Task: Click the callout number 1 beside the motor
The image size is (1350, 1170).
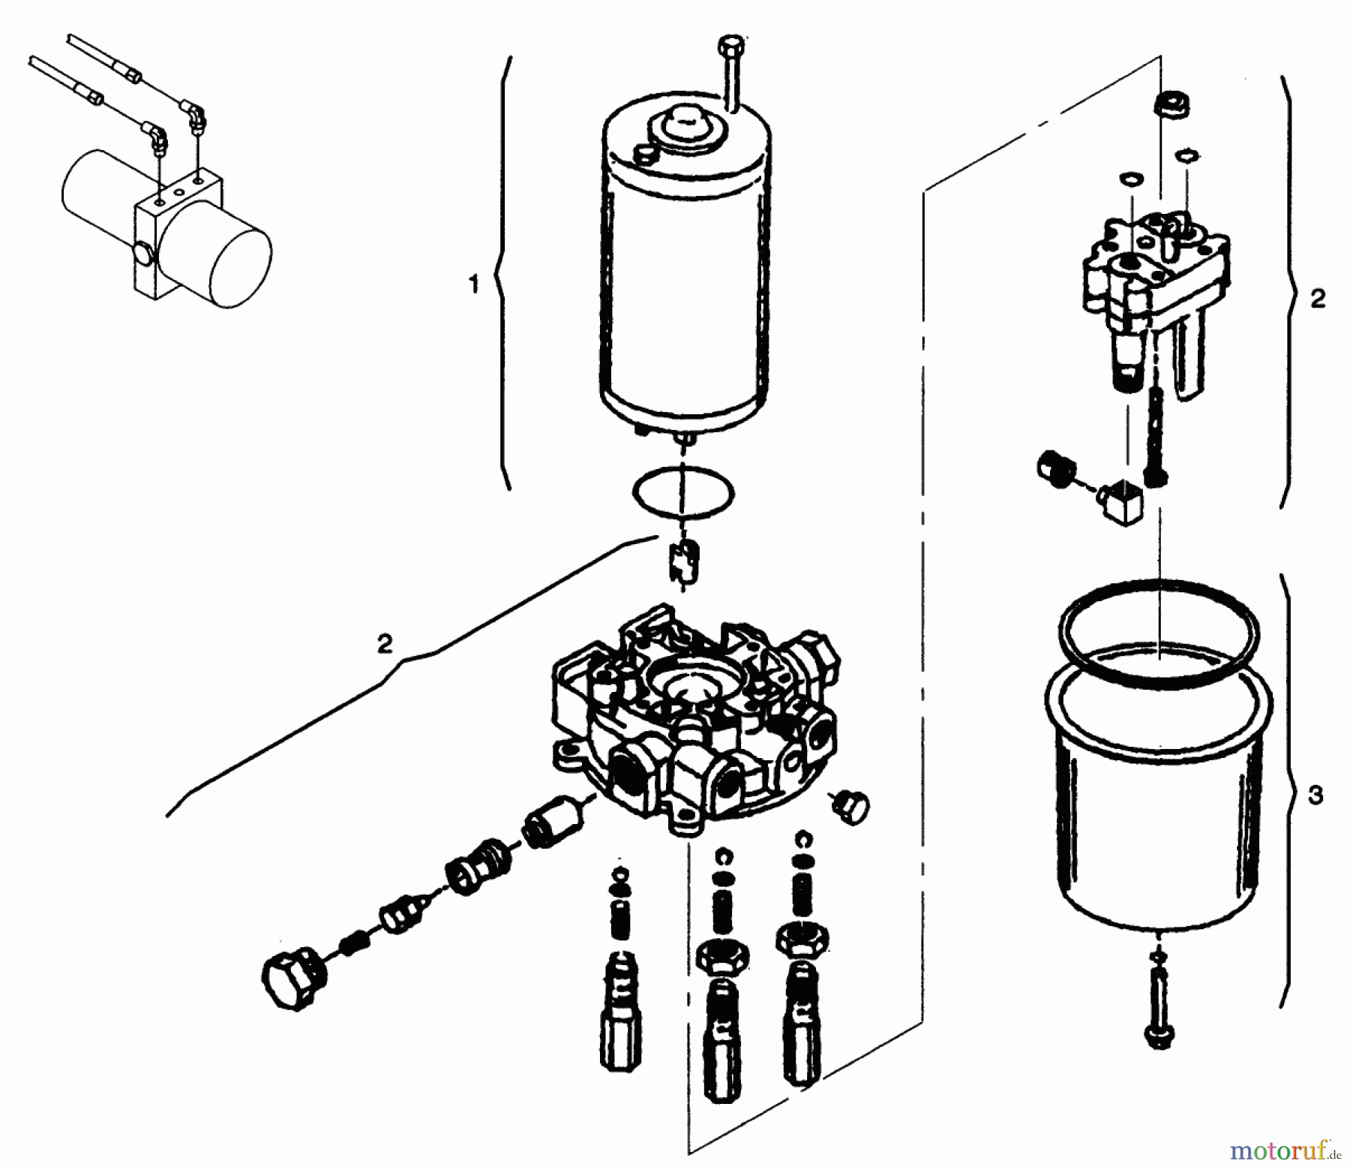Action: [x=473, y=286]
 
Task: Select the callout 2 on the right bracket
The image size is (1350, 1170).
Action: [x=1318, y=299]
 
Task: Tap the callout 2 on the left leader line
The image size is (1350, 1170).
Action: [x=384, y=643]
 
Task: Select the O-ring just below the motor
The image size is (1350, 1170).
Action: [x=683, y=492]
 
